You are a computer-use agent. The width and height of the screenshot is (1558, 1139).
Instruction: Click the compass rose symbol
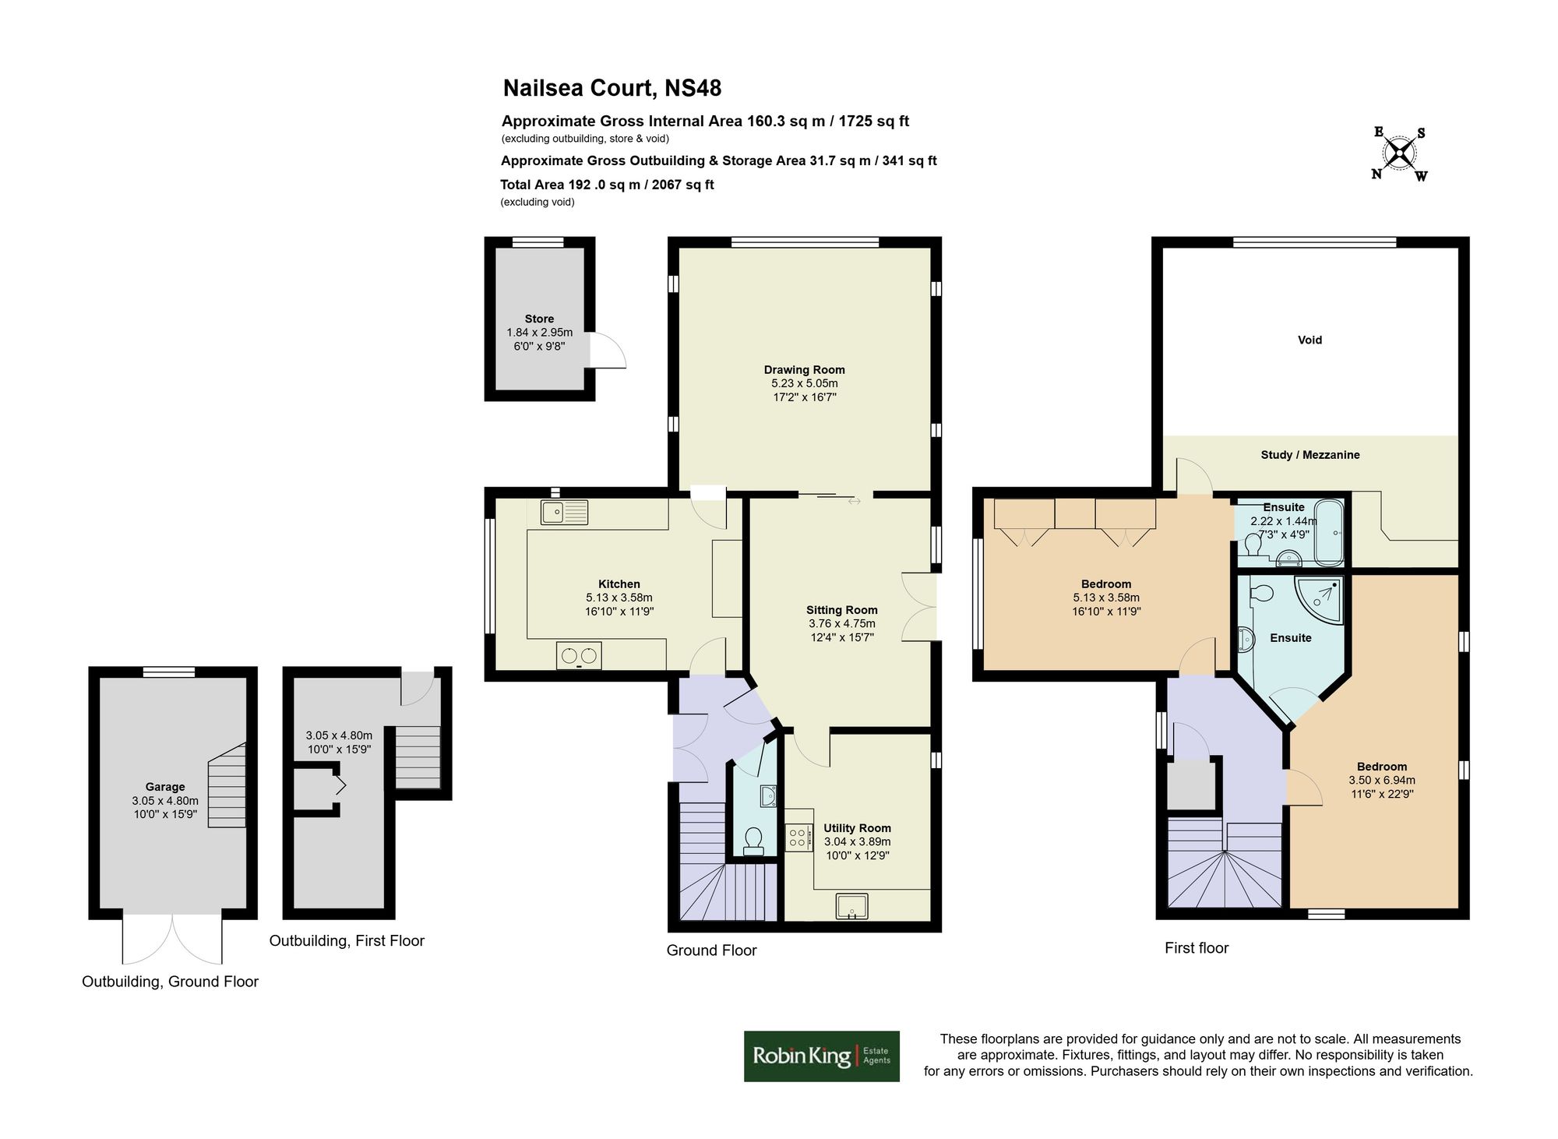tap(1400, 153)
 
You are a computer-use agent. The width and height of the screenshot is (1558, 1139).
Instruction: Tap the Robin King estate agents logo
tap(821, 1056)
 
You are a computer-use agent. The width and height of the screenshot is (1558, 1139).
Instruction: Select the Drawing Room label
tap(804, 370)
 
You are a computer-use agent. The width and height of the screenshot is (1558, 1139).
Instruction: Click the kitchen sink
tap(565, 513)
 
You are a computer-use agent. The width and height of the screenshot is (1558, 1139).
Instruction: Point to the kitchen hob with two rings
tap(579, 655)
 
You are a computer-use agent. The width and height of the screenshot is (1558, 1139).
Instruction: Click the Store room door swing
tap(607, 351)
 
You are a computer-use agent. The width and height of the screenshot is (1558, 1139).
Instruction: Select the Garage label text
tap(165, 787)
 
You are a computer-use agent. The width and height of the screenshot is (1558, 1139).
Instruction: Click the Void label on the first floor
tap(1309, 340)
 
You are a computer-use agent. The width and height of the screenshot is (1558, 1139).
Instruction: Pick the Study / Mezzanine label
tap(1309, 455)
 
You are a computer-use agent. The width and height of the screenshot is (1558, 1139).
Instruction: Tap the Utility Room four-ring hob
tap(798, 837)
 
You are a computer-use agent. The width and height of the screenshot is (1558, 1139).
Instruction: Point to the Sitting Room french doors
tap(919, 607)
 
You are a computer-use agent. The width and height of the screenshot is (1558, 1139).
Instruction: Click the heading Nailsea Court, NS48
tap(612, 88)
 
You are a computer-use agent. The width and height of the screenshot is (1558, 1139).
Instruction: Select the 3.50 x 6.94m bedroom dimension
tap(1382, 780)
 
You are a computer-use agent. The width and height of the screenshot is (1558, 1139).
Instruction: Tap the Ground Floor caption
tap(711, 950)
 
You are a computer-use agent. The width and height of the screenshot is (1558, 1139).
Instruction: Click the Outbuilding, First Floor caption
tap(347, 941)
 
